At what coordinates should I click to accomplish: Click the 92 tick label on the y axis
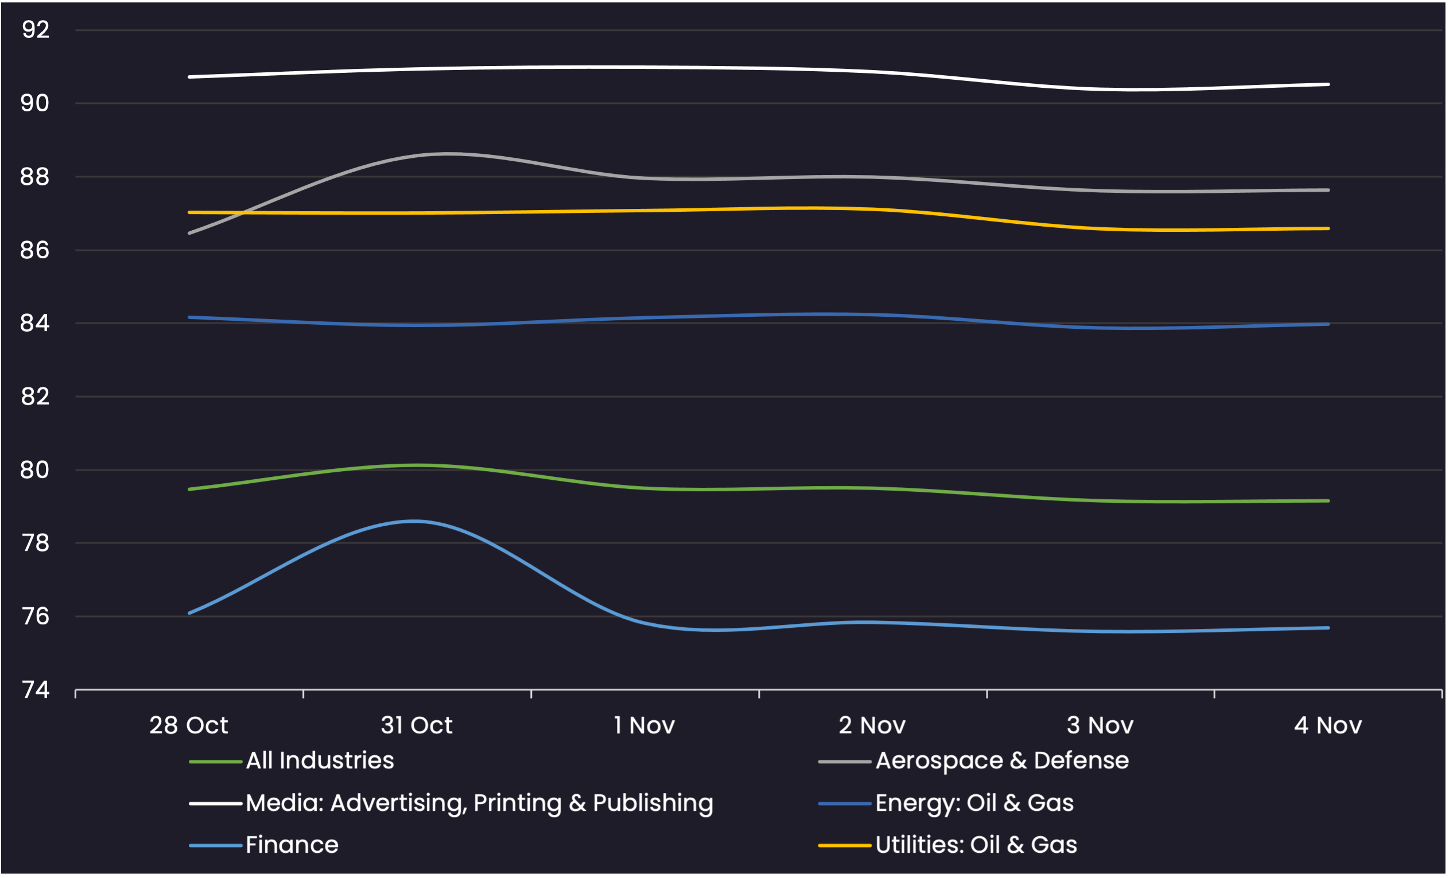coord(35,29)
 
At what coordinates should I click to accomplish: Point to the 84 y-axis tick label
coord(34,323)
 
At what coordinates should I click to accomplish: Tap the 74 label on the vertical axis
coord(35,690)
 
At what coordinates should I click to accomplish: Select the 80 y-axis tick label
coord(34,470)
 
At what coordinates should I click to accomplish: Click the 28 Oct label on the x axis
coord(189,726)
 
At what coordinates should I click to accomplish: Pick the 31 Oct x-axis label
coord(417,726)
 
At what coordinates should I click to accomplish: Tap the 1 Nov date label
coord(644,726)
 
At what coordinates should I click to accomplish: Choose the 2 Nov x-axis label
coord(872,726)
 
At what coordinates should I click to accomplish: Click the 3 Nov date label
coord(1100,726)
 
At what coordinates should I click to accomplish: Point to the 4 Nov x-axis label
coord(1328,726)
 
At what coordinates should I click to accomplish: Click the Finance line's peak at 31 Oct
coord(415,521)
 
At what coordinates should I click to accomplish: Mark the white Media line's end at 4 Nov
coord(1328,84)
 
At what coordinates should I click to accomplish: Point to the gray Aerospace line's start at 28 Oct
coord(189,234)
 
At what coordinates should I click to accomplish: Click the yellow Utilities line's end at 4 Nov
coord(1328,228)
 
